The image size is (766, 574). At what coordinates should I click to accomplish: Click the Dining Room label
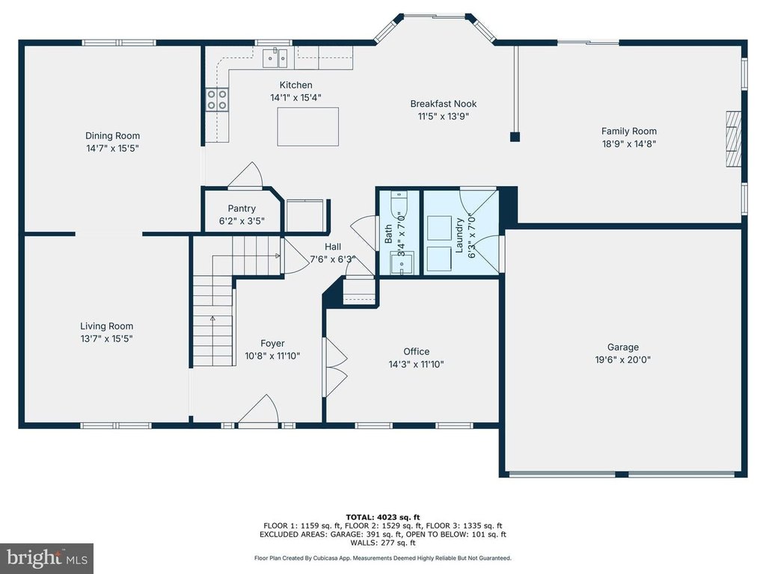point(112,136)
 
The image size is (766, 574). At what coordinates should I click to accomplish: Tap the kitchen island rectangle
point(307,126)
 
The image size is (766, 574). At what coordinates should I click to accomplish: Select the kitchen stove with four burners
point(217,99)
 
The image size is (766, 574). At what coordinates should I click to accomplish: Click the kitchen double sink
point(275,58)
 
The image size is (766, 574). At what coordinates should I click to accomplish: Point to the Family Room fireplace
point(733,139)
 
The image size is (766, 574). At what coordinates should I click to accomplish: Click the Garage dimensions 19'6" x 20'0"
point(623,359)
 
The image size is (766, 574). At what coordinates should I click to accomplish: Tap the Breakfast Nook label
point(443,103)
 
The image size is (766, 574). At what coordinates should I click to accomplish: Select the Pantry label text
point(242,209)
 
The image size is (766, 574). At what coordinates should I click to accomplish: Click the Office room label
point(416,351)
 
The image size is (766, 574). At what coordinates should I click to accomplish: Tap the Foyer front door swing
point(260,410)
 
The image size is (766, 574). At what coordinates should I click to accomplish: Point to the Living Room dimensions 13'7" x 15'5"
point(106,339)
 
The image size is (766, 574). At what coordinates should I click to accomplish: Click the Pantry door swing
point(247,175)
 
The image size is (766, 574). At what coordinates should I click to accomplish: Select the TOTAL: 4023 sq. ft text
point(383,517)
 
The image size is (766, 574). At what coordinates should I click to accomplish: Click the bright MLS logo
point(46,558)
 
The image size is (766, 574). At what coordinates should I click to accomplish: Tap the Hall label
point(333,247)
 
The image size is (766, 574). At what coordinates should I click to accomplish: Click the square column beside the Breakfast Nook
point(515,137)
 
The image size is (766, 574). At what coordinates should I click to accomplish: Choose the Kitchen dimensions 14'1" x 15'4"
point(295,98)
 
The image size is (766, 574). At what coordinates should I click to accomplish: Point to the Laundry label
point(459,235)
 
